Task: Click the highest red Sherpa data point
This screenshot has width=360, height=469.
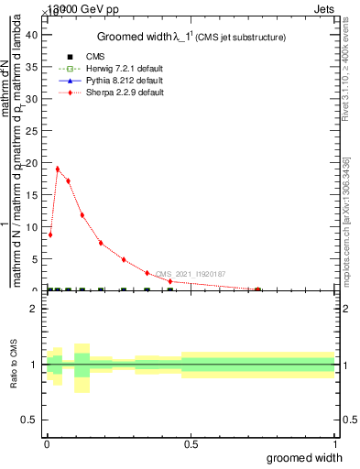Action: point(58,169)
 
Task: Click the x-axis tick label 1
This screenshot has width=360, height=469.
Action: point(333,443)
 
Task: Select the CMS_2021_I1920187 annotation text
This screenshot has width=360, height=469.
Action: point(190,274)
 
